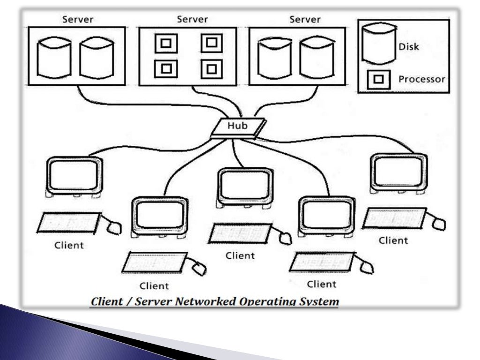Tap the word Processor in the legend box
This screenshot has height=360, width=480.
coord(421,79)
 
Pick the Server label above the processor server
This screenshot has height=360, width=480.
coord(192,20)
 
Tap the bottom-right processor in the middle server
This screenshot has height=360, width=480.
coord(210,70)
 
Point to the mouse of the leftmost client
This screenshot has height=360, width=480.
coord(114,227)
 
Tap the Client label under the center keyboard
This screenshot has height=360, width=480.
coord(240,256)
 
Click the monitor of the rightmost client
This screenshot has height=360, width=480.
coord(398,172)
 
